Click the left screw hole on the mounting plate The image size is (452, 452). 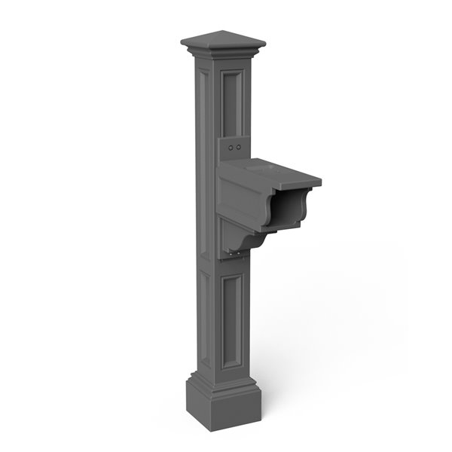tap(231, 148)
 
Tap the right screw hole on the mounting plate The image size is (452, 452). tap(239, 147)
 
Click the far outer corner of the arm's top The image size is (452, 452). tap(319, 180)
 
